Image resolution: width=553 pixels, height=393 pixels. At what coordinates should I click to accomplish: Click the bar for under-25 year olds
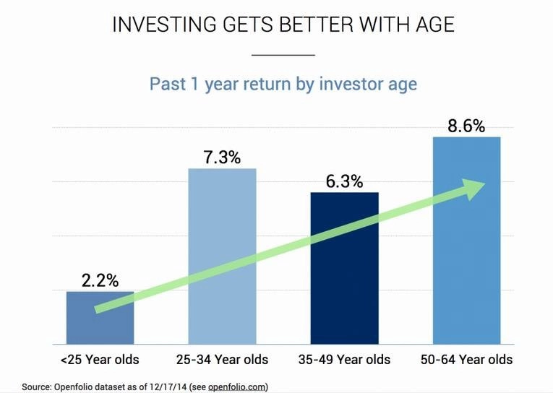(100, 318)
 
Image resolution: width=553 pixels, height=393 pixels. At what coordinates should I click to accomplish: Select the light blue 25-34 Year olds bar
(222, 256)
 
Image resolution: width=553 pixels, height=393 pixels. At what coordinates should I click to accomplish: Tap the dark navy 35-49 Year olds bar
(345, 268)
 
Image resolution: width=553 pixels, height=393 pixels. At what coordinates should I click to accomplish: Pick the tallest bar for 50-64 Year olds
(466, 241)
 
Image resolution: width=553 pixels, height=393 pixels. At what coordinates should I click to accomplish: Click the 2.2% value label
(100, 280)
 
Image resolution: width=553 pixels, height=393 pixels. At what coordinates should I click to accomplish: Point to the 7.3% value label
(222, 157)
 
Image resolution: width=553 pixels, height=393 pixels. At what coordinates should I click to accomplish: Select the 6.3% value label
(344, 181)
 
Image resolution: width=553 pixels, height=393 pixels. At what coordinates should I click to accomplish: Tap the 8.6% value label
(466, 126)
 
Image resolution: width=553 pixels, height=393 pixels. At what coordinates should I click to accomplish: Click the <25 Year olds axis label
(100, 360)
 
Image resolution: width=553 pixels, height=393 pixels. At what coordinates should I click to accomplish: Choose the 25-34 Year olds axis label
(222, 360)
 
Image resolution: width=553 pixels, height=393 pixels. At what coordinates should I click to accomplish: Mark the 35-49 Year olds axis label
(344, 360)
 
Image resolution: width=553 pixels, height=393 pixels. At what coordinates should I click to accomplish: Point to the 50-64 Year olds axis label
(466, 360)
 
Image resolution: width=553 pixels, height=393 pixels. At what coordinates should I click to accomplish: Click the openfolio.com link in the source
(236, 386)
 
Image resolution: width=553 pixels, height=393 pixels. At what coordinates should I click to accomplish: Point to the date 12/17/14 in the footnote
(170, 386)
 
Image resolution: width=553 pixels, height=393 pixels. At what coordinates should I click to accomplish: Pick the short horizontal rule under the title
(283, 55)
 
